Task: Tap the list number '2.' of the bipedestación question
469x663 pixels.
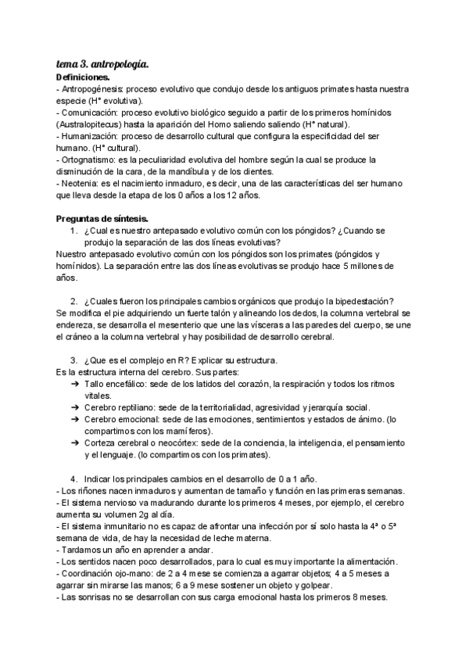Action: tap(73, 301)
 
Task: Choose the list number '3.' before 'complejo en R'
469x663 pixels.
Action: tap(73, 360)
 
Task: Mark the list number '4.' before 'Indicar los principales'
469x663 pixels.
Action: tap(73, 478)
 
